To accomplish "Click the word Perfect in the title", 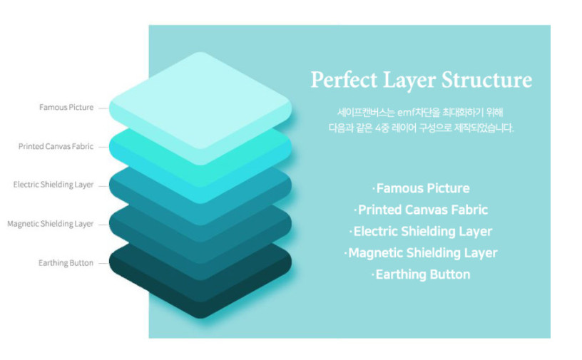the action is coord(344,79).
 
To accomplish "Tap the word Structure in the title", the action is coord(486,79).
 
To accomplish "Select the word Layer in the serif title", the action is coord(409,81).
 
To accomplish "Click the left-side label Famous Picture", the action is coord(66,107).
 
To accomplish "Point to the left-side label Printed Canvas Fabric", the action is coord(56,146).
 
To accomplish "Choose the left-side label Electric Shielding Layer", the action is coord(53,185).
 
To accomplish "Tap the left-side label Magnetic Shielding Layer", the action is coord(51,224).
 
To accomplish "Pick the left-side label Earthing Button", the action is coord(66,263).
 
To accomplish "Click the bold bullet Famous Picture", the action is coord(423,188).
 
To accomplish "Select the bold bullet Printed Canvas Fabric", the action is coord(423,210).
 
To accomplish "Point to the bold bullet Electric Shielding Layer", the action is coord(423,231).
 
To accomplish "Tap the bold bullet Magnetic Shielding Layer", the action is coord(423,253).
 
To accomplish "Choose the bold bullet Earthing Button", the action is coord(423,274).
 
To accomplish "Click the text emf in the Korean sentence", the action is coord(407,113).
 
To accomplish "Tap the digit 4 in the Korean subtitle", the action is coord(378,128).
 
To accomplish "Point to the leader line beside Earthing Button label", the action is coord(103,264).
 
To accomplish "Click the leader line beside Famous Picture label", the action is coord(103,109).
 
